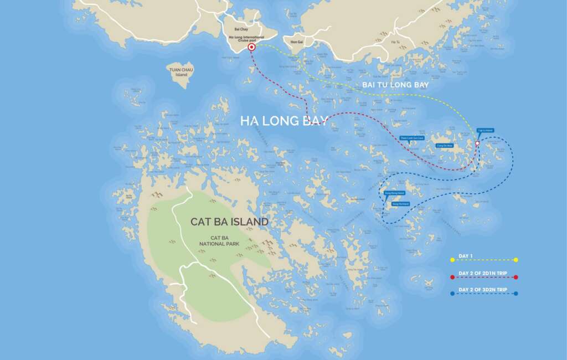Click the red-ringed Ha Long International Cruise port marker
[x=251, y=48]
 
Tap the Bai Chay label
[x=241, y=28]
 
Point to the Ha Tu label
[x=395, y=42]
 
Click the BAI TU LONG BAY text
[x=395, y=85]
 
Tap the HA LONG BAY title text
[x=284, y=121]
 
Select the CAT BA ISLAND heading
[x=229, y=222]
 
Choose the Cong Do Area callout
[x=445, y=145]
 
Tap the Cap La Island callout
[x=485, y=131]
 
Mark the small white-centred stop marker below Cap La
[x=477, y=143]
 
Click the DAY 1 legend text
[x=465, y=255]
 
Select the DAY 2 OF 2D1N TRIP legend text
[x=482, y=273]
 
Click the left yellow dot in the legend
[x=452, y=260]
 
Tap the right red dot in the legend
[x=516, y=277]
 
